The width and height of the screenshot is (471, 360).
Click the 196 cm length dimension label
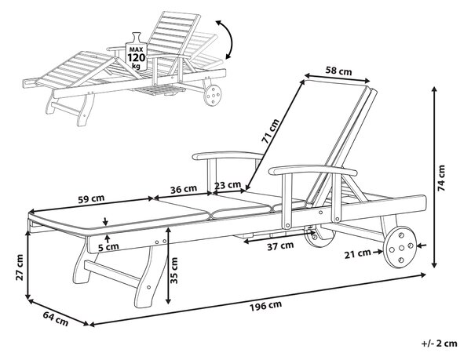pyautogui.click(x=266, y=305)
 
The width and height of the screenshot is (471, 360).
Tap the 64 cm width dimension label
pyautogui.click(x=56, y=318)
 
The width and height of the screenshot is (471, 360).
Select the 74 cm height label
pyautogui.click(x=441, y=178)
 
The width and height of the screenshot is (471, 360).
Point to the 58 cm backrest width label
pyautogui.click(x=338, y=71)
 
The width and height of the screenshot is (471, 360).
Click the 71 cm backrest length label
pyautogui.click(x=269, y=131)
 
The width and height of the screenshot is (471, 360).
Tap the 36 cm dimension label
pyautogui.click(x=184, y=189)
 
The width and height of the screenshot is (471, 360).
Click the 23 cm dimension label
pyautogui.click(x=228, y=185)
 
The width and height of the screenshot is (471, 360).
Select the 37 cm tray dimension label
pyautogui.click(x=280, y=246)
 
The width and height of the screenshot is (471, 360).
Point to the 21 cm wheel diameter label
pyautogui.click(x=357, y=254)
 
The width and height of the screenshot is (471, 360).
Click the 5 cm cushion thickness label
pyautogui.click(x=108, y=247)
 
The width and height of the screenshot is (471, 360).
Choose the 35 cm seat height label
pyautogui.click(x=174, y=270)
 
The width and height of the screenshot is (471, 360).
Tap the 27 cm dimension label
pyautogui.click(x=19, y=267)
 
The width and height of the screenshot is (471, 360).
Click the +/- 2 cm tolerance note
pyautogui.click(x=439, y=344)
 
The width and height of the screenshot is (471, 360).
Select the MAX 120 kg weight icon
pyautogui.click(x=137, y=52)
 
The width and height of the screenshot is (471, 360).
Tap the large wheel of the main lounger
pyautogui.click(x=400, y=247)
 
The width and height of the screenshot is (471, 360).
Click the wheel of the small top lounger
pyautogui.click(x=213, y=95)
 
